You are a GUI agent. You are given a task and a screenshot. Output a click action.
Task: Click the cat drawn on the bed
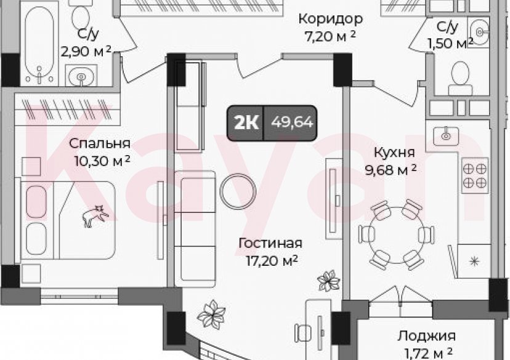(x=95, y=216)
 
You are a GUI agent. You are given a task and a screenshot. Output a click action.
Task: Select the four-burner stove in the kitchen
(x=475, y=173)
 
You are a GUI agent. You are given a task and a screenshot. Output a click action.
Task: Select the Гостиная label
(x=270, y=242)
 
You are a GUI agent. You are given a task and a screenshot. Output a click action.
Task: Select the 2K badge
(x=245, y=122)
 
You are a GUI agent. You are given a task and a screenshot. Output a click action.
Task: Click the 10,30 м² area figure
(x=99, y=161)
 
